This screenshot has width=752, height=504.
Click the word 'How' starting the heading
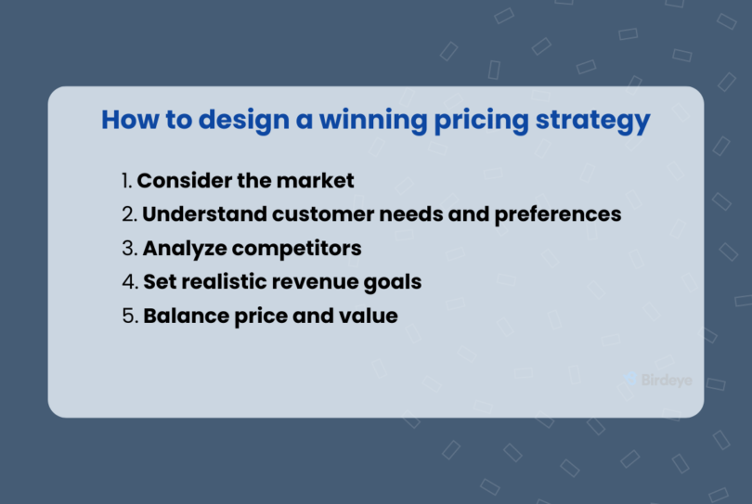124,121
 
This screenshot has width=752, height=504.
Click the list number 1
126,180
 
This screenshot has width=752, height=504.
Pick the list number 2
128,214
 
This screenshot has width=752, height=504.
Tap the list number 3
128,249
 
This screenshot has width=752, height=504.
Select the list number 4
128,282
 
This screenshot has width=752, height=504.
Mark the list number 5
128,317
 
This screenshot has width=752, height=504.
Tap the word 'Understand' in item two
204,214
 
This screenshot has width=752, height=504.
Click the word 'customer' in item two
318,214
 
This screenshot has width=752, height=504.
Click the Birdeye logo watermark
658,380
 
